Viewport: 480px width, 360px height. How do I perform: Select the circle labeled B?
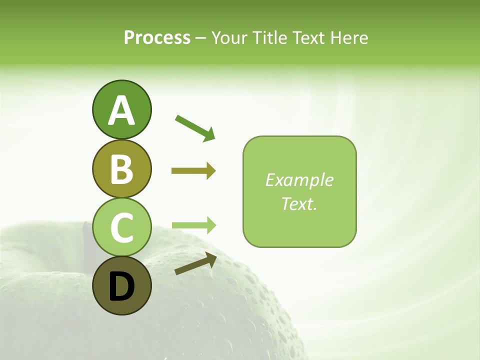coord(121,169)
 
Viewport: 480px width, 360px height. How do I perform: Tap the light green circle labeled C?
coord(121,227)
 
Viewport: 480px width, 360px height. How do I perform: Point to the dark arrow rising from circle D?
coord(195,264)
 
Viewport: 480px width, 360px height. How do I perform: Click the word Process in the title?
coord(157,38)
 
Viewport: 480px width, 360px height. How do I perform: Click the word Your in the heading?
coord(230,38)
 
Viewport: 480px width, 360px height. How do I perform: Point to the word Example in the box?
coord(299,180)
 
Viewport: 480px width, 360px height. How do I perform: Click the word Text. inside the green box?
coord(299,203)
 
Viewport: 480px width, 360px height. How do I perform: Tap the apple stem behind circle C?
coord(87,240)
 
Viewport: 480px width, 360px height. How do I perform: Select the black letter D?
coord(121,287)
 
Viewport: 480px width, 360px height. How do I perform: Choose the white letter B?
coord(121,169)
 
